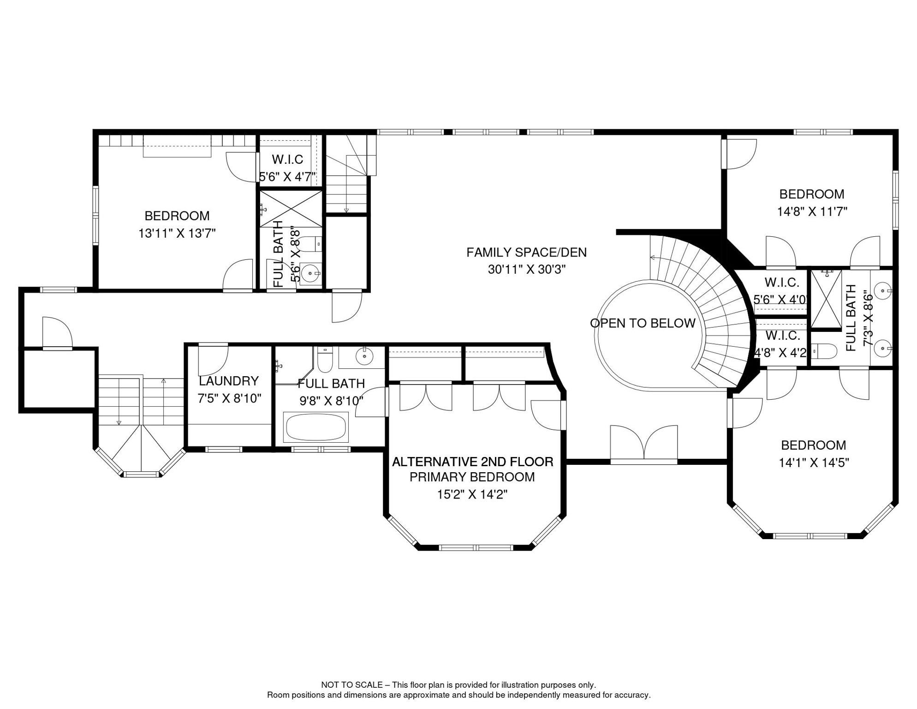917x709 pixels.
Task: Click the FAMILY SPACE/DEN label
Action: [x=526, y=252]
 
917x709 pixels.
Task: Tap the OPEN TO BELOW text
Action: [x=643, y=323]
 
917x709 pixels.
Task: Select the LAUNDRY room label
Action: [x=228, y=381]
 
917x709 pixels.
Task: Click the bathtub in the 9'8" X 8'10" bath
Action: [x=316, y=427]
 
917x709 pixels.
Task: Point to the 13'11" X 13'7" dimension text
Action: [x=177, y=234]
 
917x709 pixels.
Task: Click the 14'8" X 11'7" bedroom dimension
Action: [x=812, y=212]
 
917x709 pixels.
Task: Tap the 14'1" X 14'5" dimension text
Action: [x=814, y=463]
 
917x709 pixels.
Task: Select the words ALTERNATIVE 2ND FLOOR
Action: [x=472, y=462]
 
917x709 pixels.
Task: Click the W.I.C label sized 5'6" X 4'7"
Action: [x=287, y=160]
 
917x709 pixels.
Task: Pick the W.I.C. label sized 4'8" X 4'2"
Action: [x=783, y=336]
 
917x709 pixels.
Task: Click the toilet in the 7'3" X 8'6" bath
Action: [x=824, y=351]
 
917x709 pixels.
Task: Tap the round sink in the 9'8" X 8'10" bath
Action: [x=364, y=356]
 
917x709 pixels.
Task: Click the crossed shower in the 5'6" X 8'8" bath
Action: [x=291, y=209]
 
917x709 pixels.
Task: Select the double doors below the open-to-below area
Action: [x=643, y=444]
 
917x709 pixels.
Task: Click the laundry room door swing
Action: [x=213, y=360]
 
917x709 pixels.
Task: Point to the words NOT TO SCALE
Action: [x=351, y=685]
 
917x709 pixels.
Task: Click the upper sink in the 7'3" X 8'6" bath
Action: [x=882, y=291]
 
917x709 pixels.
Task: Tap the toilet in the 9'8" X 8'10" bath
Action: [x=325, y=360]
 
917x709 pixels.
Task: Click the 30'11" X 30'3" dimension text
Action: [x=526, y=270]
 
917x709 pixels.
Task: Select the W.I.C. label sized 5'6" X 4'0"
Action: [x=782, y=282]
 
